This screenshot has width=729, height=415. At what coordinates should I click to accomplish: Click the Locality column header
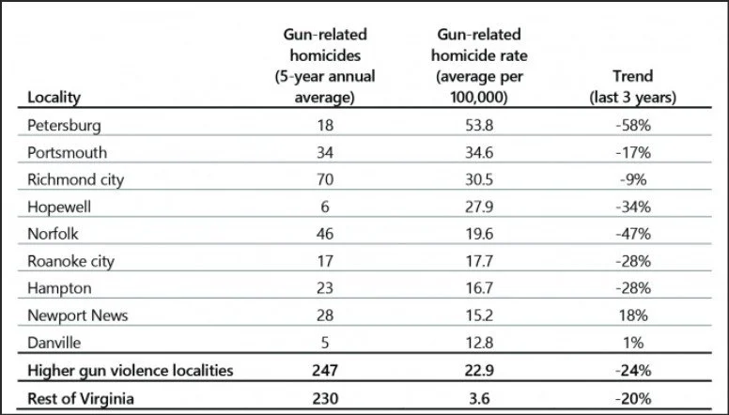coord(54,97)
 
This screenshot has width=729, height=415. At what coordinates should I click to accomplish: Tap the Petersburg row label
coord(64,125)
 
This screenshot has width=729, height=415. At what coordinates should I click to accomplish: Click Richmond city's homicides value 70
coord(321,179)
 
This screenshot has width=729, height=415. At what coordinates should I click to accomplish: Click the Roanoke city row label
coord(71,262)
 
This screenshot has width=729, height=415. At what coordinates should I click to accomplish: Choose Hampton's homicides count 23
coord(321,289)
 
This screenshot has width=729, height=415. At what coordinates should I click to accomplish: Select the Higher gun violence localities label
coord(130,372)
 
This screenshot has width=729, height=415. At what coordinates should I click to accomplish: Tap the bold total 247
coord(321,372)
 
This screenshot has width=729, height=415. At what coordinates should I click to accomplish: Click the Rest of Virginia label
coord(80,399)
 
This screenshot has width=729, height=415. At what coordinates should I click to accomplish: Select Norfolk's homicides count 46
coord(321,235)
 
